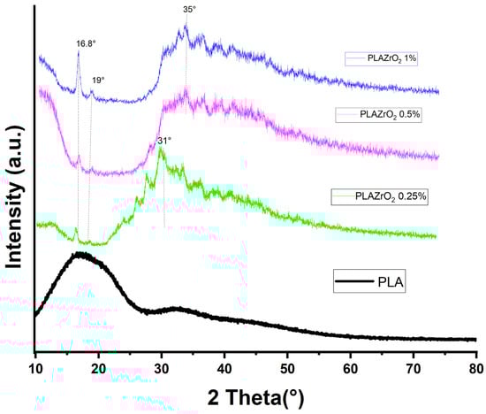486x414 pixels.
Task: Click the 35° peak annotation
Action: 189,10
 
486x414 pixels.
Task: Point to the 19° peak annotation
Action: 99,80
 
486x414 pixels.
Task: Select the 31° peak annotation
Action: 163,141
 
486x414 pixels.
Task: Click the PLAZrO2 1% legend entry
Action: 382,59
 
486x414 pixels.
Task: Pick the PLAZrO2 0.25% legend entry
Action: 379,195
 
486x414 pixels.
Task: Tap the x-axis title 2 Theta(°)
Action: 255,395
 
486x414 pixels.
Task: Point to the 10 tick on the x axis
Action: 35,364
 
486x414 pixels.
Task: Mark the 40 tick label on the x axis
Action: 224,364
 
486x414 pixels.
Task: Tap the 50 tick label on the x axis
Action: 287,364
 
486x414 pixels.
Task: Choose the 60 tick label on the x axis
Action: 350,364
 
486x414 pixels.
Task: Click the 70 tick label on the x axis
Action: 414,364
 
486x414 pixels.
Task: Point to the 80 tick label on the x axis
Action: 476,364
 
